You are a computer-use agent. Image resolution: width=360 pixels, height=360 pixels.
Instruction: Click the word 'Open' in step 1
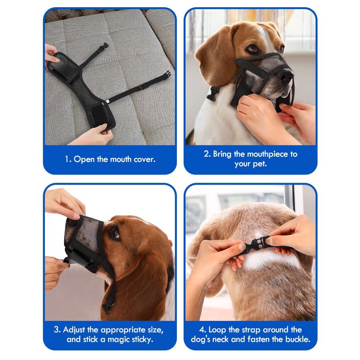(84, 159)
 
